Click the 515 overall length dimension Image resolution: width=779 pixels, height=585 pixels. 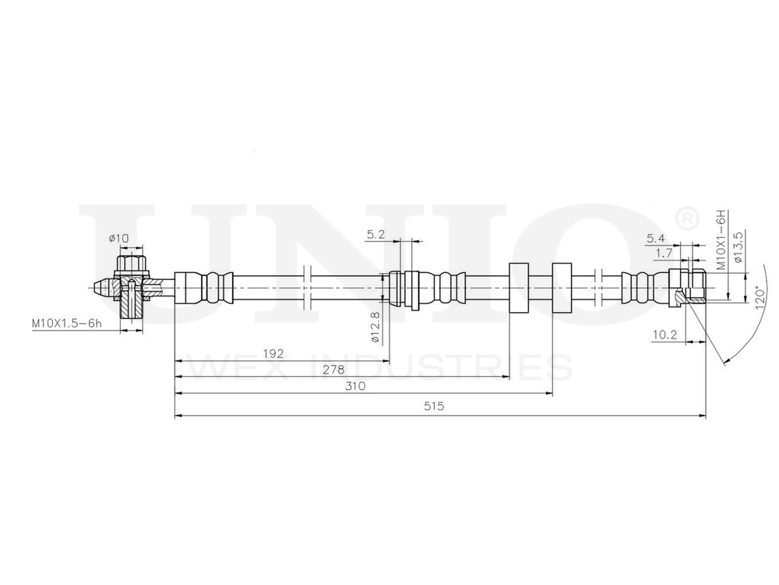click(433, 406)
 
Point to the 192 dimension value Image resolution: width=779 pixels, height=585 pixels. click(273, 353)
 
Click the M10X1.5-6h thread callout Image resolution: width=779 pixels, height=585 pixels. click(66, 321)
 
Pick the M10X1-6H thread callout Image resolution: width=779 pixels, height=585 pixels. click(721, 239)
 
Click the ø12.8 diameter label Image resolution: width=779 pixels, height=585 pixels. click(374, 328)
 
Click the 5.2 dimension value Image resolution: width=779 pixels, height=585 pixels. click(375, 234)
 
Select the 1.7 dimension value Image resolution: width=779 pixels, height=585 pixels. click(664, 253)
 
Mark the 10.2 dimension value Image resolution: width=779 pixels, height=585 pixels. click(664, 335)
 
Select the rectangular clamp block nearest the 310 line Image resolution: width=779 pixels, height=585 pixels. click(562, 288)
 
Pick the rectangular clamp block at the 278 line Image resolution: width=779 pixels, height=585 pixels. click(519, 288)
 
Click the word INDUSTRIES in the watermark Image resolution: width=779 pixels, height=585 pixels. click(441, 367)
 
